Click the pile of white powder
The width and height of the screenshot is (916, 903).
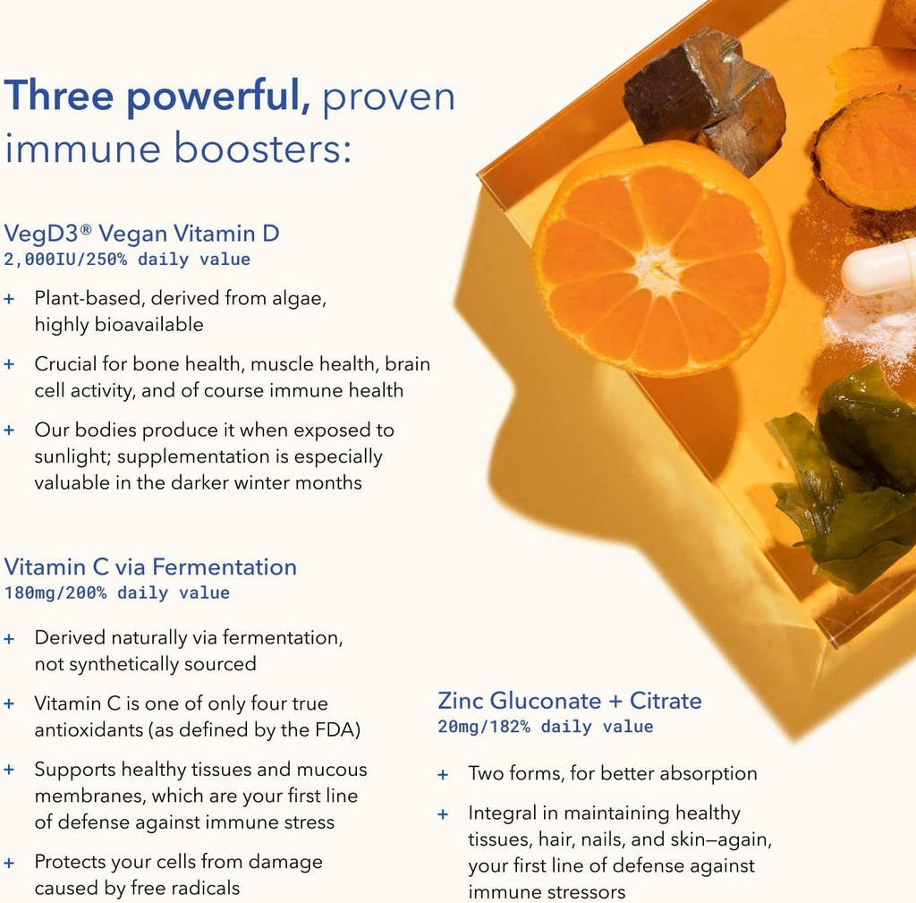(x=872, y=327)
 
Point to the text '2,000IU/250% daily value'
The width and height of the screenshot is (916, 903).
(x=127, y=260)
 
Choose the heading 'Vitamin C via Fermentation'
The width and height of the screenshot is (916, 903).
(x=150, y=567)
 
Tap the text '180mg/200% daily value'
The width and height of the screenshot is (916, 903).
(x=116, y=593)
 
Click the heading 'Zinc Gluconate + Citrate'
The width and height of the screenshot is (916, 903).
(x=570, y=700)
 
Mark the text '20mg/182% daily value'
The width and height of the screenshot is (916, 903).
(x=546, y=727)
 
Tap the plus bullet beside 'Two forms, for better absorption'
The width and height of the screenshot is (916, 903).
(x=443, y=774)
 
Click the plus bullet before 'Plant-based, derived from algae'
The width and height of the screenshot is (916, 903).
(x=9, y=298)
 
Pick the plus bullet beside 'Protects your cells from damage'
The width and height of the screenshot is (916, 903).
(x=9, y=863)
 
